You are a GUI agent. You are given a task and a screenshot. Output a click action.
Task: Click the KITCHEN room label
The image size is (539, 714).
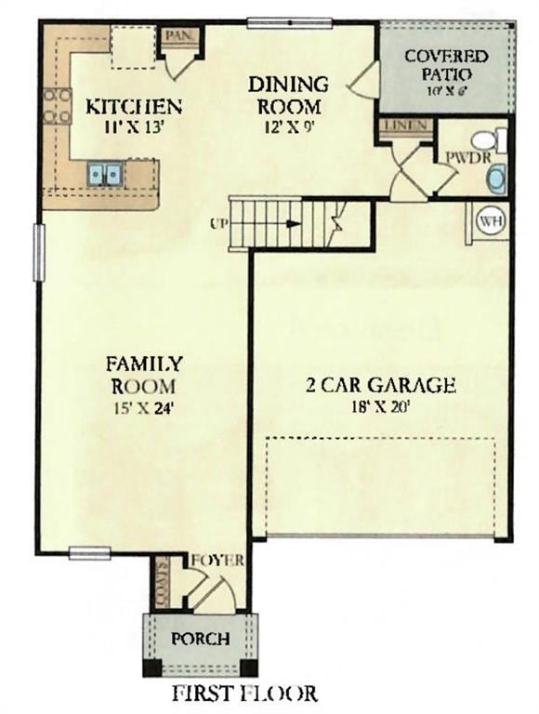[133, 105]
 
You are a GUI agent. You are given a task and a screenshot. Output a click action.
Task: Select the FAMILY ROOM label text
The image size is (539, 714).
[143, 374]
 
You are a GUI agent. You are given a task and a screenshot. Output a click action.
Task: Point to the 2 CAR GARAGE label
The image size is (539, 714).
[381, 384]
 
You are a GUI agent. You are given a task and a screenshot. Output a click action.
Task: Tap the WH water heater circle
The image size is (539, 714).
[489, 221]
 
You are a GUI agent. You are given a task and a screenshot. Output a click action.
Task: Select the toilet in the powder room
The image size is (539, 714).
[486, 140]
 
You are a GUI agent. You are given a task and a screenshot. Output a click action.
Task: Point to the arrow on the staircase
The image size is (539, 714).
[293, 223]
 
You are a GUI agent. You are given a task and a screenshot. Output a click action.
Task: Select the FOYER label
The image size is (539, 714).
[217, 561]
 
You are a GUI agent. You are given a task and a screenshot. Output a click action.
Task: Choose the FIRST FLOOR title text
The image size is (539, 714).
[244, 693]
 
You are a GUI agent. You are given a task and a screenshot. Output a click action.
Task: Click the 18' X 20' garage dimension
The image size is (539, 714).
[380, 405]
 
